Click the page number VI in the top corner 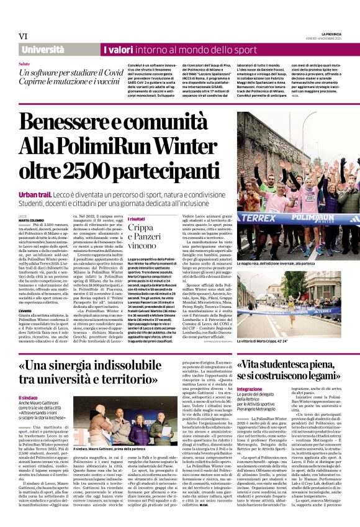click(x=23, y=37)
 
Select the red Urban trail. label click(x=36, y=194)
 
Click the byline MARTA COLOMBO click(x=35, y=220)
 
